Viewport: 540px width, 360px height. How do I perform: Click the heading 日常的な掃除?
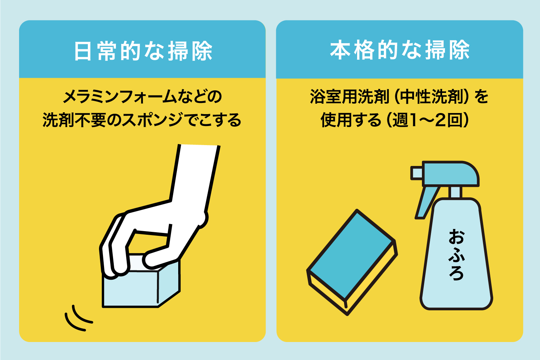click(x=143, y=51)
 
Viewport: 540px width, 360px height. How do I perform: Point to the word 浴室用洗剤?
click(x=350, y=96)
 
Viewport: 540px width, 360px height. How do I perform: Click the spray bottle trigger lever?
click(x=427, y=203)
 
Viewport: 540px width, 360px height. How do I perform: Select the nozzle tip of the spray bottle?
click(x=416, y=173)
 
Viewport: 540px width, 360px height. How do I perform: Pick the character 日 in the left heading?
click(x=83, y=51)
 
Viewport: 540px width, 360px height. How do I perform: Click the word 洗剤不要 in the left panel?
click(x=74, y=120)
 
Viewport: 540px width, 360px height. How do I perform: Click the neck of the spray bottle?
click(x=455, y=192)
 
